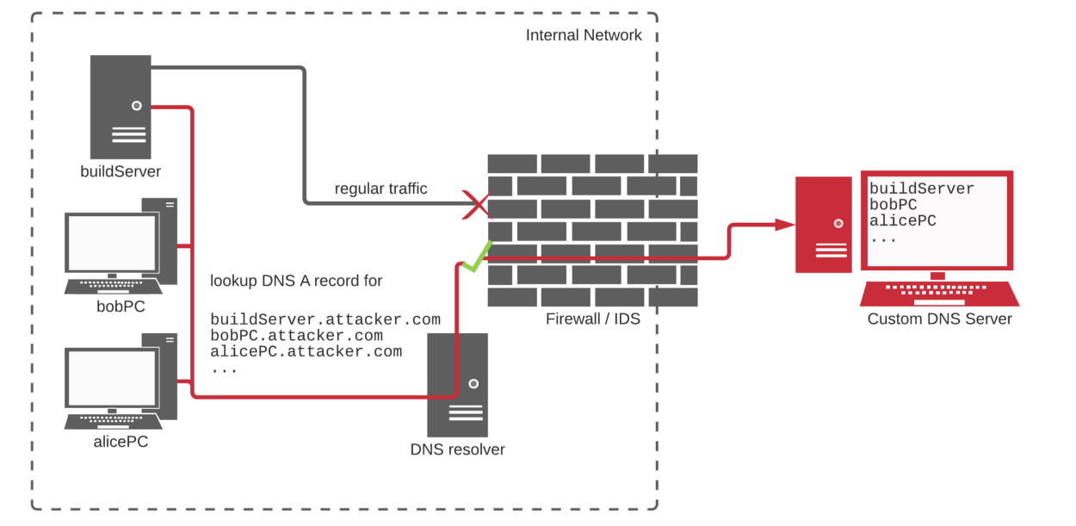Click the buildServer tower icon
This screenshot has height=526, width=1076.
(121, 106)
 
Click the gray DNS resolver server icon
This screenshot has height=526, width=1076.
(457, 385)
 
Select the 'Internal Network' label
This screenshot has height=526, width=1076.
(584, 35)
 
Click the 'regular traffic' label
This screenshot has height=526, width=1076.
(380, 189)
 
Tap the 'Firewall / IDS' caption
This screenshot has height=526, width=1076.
(593, 319)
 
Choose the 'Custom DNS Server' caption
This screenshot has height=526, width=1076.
(939, 319)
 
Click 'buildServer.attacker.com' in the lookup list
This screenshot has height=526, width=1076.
(325, 319)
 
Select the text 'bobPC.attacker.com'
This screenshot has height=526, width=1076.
(296, 336)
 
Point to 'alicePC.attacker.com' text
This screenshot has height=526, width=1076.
(306, 351)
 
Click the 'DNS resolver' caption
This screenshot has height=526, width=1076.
(457, 449)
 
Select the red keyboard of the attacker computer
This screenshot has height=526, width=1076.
(939, 294)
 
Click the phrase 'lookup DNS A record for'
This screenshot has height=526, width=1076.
(296, 281)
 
